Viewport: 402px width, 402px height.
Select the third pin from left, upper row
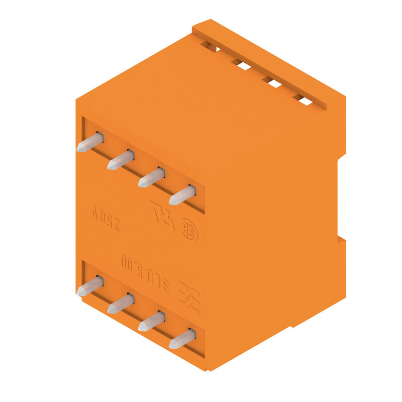point(151,178)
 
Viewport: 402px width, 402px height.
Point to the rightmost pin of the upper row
point(182,195)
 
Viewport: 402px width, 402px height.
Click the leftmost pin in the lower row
point(90,286)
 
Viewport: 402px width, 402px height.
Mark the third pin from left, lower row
point(151,322)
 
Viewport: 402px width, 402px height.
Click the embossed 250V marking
point(106,219)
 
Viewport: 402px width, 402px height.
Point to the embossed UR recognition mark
point(163,215)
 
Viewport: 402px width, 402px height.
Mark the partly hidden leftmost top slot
point(210,47)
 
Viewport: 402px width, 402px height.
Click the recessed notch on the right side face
point(341,198)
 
